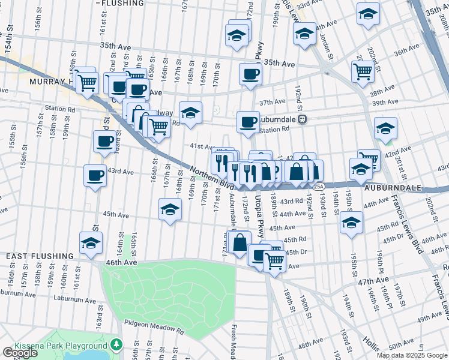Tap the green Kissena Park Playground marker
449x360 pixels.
tap(116, 345)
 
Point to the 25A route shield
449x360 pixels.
tap(319, 187)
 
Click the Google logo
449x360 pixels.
tap(20, 353)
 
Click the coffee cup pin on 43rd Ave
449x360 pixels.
tap(95, 176)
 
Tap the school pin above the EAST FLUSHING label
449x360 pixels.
tap(91, 243)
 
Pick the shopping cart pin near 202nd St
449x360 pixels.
tap(363, 71)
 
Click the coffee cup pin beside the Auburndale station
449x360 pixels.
tap(248, 122)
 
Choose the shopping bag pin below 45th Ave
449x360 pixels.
tap(240, 244)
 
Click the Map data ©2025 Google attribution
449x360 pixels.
tap(412, 355)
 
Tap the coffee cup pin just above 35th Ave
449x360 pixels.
tap(250, 74)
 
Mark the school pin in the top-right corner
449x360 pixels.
tap(368, 13)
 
